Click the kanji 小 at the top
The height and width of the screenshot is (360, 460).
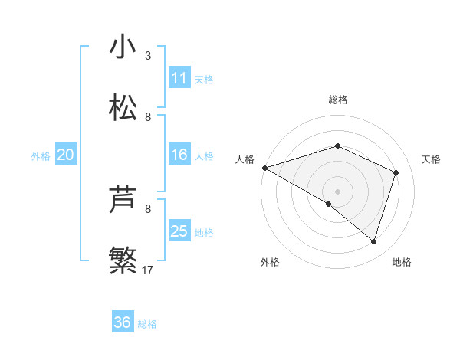point(123,47)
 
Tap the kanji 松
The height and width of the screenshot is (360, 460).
point(123,108)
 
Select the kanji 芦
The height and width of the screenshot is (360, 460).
point(123,201)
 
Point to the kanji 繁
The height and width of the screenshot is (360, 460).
point(123,260)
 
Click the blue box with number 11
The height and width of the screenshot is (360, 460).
point(179,78)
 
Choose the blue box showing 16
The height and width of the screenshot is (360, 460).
point(179,155)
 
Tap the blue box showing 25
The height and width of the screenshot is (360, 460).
point(179,231)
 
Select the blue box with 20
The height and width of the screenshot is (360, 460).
point(65,155)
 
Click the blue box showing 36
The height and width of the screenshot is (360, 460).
point(123,322)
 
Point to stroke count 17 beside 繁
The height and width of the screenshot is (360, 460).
point(148,270)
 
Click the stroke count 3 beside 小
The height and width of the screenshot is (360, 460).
point(148,56)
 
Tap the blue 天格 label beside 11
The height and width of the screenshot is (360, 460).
point(204,79)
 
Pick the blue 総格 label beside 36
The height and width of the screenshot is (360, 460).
point(147,323)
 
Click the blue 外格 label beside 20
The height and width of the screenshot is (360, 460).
point(41,156)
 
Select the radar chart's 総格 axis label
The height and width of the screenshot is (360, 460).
point(338,100)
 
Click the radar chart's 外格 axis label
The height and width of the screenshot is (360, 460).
point(270,262)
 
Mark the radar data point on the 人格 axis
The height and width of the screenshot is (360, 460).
point(264,168)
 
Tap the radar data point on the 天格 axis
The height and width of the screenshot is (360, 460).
point(396,172)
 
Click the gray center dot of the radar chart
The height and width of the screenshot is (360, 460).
point(338,191)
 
